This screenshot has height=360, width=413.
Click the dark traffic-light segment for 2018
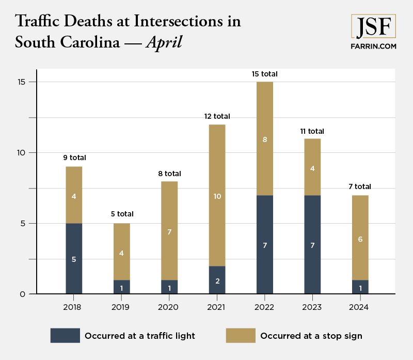pos(74,258)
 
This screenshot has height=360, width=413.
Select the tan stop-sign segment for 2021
pos(217,195)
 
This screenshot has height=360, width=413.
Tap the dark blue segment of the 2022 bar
pos(264,244)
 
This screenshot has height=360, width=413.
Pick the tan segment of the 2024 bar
pos(360,238)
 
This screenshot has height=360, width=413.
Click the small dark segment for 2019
pos(121,287)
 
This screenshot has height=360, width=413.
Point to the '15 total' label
pos(264,74)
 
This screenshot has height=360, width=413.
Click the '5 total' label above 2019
pos(121,214)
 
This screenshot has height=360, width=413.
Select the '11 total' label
pos(312,131)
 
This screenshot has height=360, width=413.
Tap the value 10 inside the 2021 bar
pos(217,196)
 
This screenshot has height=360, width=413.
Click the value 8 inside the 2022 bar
pos(264,139)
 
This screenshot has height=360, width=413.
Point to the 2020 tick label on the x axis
pos(169,307)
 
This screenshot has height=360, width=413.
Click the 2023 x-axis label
pos(312,307)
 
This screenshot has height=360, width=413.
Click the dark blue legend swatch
pos(65,336)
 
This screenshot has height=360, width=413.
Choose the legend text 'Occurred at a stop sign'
pos(311,336)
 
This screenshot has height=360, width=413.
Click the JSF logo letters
pos(373,26)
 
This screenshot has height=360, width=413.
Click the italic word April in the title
pos(164,42)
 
